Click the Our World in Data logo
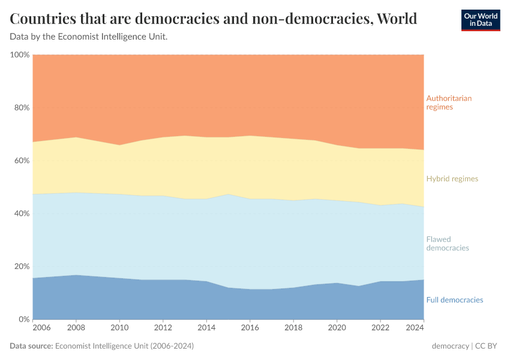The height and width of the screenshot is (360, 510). pos(480,20)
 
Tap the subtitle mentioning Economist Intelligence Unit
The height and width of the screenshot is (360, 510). pos(89,37)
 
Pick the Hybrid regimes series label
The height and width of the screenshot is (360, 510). pos(452,179)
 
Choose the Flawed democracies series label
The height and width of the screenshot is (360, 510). pos(447,244)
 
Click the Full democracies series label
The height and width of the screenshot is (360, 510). pos(454,300)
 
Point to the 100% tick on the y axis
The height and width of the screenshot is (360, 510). pos(20,55)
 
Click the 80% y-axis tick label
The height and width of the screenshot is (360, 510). pos(22,108)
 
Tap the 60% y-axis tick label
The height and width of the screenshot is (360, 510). pos(22,161)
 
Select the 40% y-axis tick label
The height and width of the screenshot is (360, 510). pos(22,214)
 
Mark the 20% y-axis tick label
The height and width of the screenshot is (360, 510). pos(22,266)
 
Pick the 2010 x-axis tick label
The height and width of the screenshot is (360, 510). pos(120,328)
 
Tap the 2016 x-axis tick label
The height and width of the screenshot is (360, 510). pos(250,328)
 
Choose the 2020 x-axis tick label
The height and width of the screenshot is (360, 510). pos(337,328)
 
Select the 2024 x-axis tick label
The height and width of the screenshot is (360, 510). pos(415,328)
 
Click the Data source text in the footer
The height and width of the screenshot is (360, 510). pos(102,346)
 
